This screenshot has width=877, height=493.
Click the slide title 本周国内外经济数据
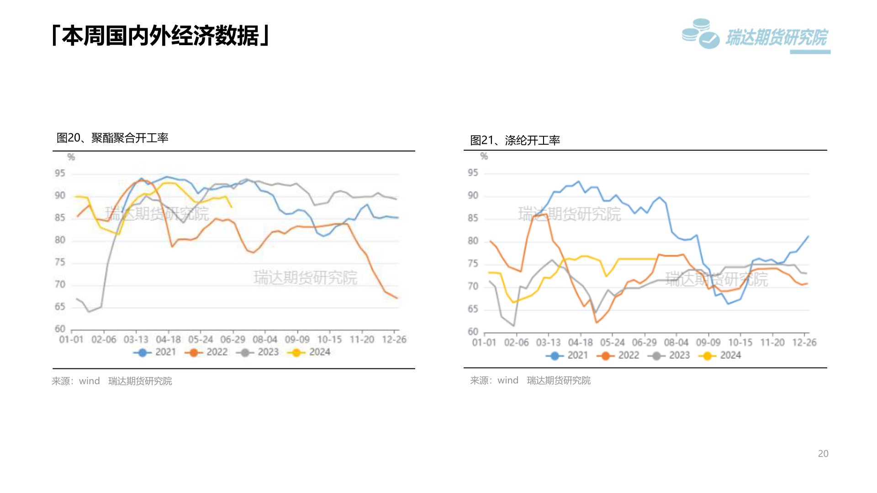(161, 36)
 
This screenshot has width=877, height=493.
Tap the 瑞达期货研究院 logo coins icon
(700, 33)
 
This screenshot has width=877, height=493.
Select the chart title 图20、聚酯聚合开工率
(112, 138)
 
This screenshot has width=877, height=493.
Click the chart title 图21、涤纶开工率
(515, 140)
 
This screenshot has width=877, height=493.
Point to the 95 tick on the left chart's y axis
(60, 173)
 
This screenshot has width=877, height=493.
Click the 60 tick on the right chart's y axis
(473, 332)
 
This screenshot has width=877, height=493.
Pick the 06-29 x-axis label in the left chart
(232, 340)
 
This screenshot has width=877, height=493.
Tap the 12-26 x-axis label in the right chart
(804, 342)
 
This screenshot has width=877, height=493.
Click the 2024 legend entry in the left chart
(309, 352)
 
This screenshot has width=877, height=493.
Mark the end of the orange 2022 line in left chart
(397, 298)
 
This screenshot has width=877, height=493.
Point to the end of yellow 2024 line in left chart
(232, 207)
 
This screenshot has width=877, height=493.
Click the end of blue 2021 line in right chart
(808, 236)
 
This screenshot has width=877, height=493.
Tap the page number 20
(823, 453)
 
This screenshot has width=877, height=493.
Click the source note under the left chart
(112, 381)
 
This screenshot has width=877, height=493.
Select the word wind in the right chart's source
(507, 380)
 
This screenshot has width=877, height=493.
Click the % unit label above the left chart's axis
(71, 157)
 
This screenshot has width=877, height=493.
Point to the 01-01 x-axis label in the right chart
(484, 342)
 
